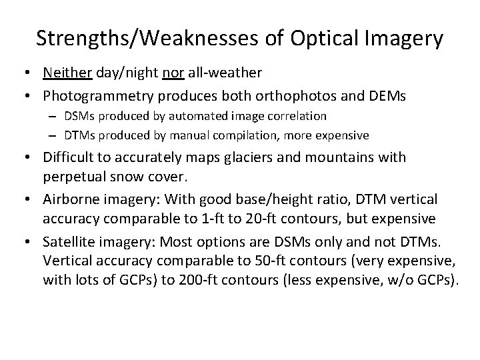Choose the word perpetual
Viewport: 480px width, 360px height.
73,176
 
